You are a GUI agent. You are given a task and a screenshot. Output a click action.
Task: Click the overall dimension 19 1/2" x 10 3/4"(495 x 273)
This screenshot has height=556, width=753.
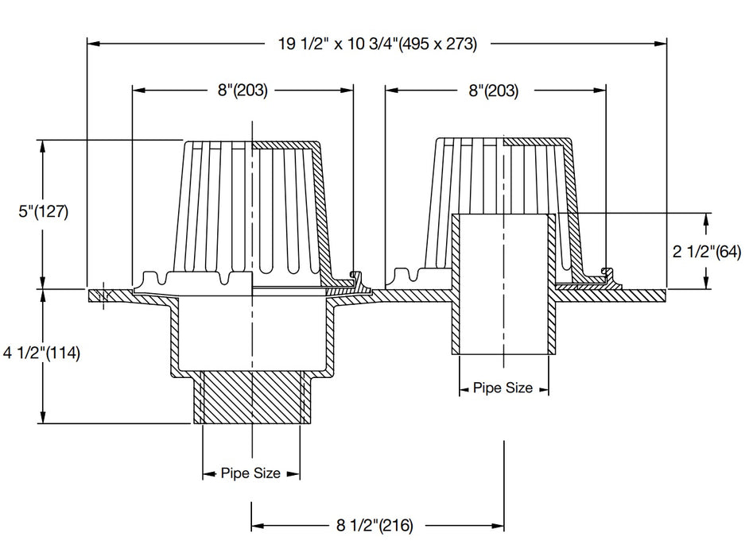(x=377, y=44)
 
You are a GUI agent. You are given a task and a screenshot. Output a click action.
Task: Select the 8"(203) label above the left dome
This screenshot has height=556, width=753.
(x=242, y=91)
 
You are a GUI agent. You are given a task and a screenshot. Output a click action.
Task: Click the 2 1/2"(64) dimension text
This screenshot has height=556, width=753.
(x=706, y=253)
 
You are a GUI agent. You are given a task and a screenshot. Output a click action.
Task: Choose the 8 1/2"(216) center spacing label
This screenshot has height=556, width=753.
(x=374, y=525)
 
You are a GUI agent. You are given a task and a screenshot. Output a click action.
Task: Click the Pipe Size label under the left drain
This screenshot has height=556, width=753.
(x=251, y=473)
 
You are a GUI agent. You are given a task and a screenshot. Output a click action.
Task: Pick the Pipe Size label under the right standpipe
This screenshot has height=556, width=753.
(x=503, y=388)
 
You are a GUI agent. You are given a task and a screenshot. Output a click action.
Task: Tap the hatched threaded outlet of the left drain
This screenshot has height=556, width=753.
(x=251, y=397)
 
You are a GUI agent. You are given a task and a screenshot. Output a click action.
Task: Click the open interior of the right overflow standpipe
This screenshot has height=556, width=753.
(x=503, y=286)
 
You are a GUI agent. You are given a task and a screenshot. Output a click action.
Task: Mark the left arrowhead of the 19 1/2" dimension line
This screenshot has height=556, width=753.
(x=91, y=44)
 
